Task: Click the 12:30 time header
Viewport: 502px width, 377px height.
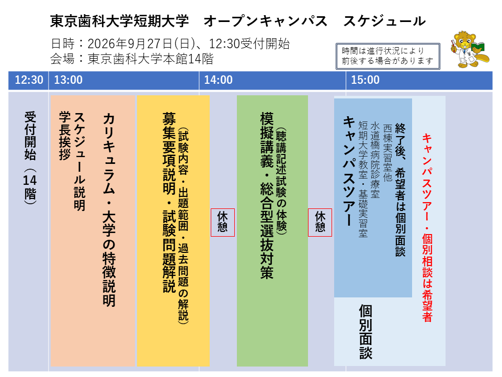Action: click(x=29, y=80)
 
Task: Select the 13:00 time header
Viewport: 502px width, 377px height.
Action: click(x=68, y=80)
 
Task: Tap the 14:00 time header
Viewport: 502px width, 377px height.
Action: click(x=219, y=80)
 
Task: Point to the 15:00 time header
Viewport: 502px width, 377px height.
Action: click(x=366, y=80)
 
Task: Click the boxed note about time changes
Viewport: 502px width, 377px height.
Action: click(x=387, y=56)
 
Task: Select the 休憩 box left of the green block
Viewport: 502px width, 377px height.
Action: click(x=223, y=223)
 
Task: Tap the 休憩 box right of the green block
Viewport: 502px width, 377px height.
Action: click(x=320, y=223)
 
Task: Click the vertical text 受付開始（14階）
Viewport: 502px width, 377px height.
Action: click(x=30, y=158)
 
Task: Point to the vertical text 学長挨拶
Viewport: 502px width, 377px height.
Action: click(x=65, y=136)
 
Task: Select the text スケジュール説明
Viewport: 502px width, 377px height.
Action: click(x=79, y=162)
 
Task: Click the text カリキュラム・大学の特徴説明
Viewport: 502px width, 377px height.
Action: click(x=109, y=210)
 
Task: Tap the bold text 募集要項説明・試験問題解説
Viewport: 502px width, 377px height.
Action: click(x=169, y=203)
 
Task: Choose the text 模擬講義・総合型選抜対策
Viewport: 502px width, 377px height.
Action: click(x=267, y=195)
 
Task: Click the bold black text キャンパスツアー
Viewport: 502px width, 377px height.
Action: click(x=349, y=172)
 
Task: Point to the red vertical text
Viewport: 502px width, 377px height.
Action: click(x=427, y=228)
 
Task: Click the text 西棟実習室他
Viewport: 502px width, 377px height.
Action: click(x=387, y=152)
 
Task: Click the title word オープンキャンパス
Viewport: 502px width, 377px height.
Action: click(x=266, y=21)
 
